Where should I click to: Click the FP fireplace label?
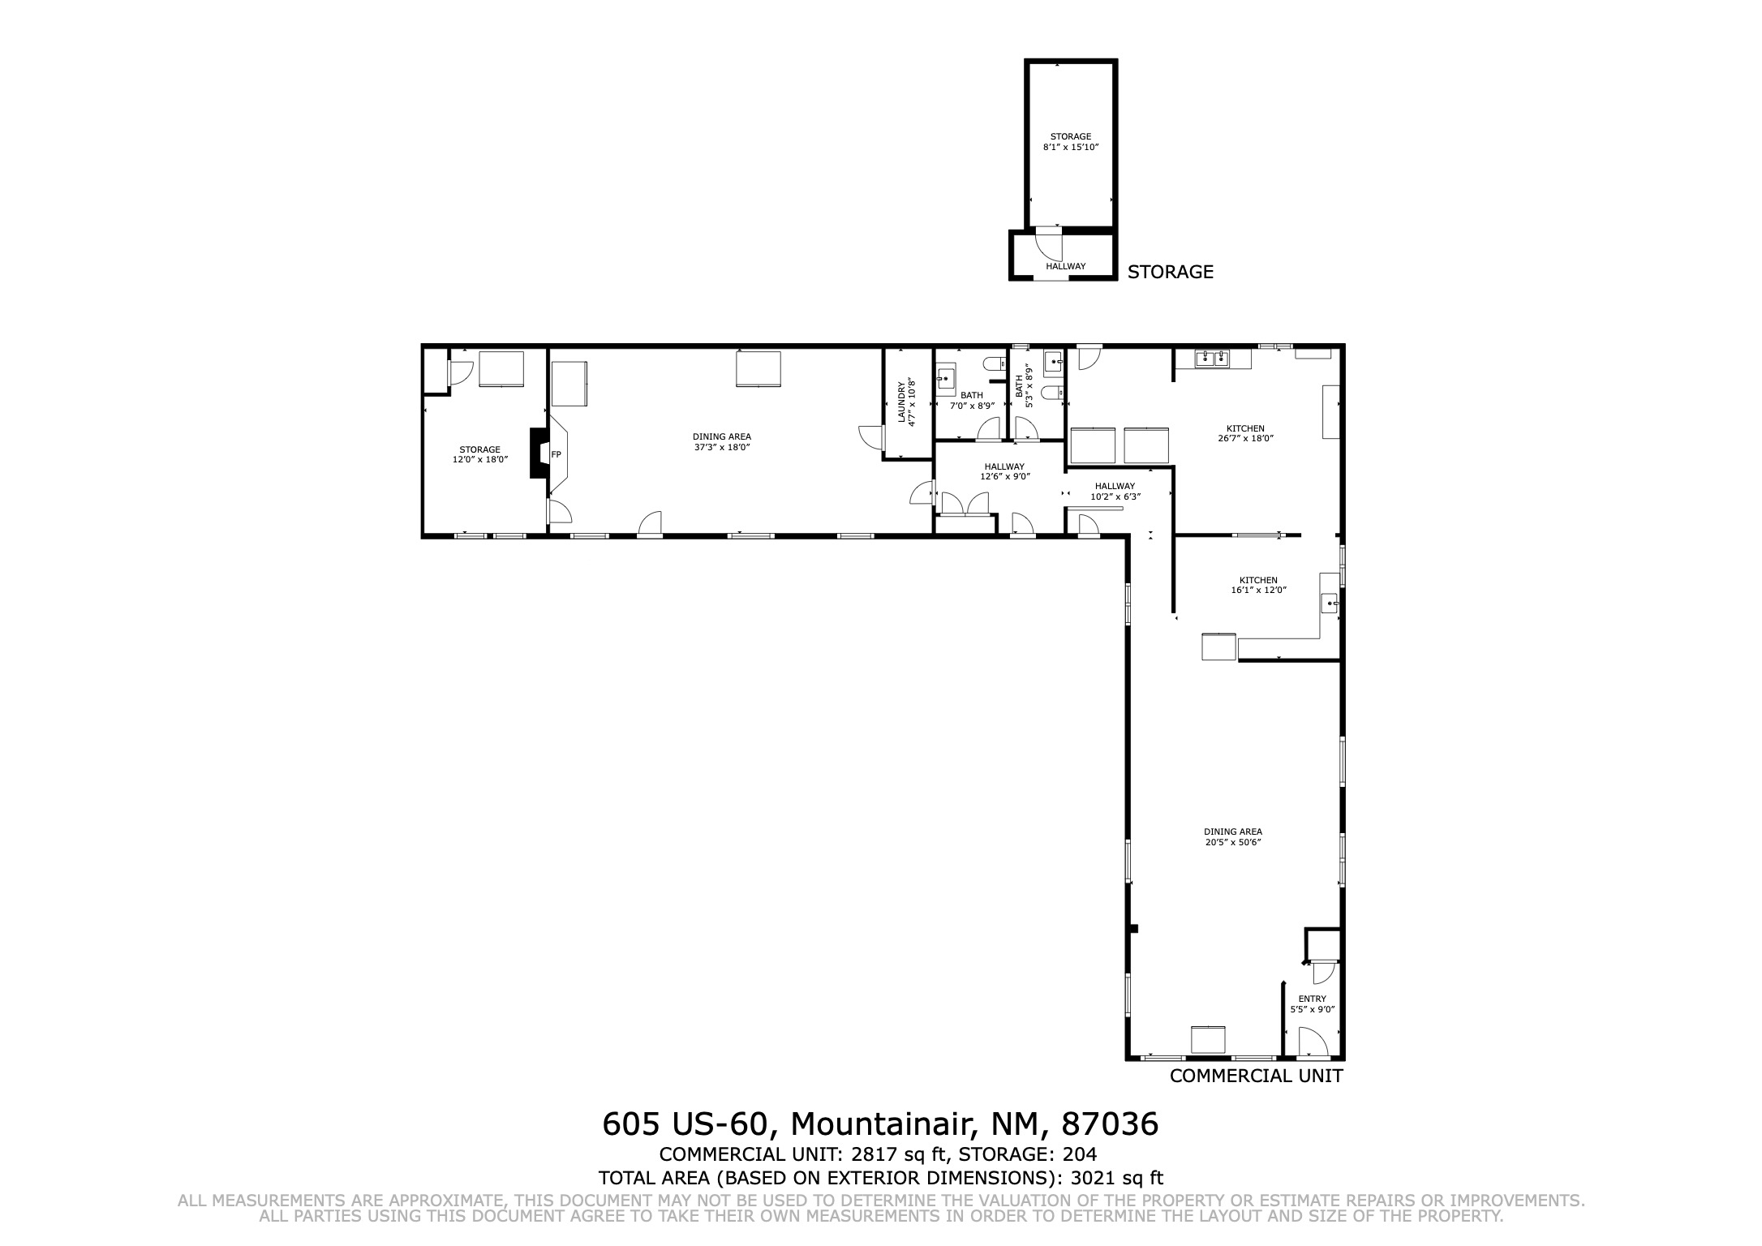click(x=557, y=454)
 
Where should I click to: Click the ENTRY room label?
click(x=1313, y=999)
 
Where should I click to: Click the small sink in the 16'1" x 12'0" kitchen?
click(x=1330, y=603)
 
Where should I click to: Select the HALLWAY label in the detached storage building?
click(x=1065, y=266)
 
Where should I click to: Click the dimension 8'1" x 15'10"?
click(x=1071, y=148)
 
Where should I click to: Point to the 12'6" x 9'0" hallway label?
click(x=1004, y=471)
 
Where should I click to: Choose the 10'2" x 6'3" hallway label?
click(x=1115, y=492)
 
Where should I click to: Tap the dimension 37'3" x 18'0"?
click(x=722, y=447)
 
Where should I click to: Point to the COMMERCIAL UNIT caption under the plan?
click(x=1256, y=1076)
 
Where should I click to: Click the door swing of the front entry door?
click(x=1313, y=1042)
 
